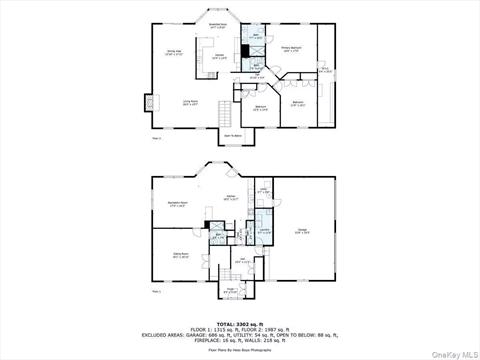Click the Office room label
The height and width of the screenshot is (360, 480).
pyautogui.click(x=324, y=70)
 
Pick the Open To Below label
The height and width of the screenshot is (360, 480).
pyautogui.click(x=232, y=135)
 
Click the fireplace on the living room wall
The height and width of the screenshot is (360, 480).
pyautogui.click(x=151, y=101)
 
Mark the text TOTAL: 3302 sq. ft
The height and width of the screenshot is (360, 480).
pyautogui.click(x=240, y=324)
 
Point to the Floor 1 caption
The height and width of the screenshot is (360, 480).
pyautogui.click(x=156, y=292)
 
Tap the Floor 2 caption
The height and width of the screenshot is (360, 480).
pyautogui.click(x=156, y=138)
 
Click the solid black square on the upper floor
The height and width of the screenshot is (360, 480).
pyautogui.click(x=244, y=51)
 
